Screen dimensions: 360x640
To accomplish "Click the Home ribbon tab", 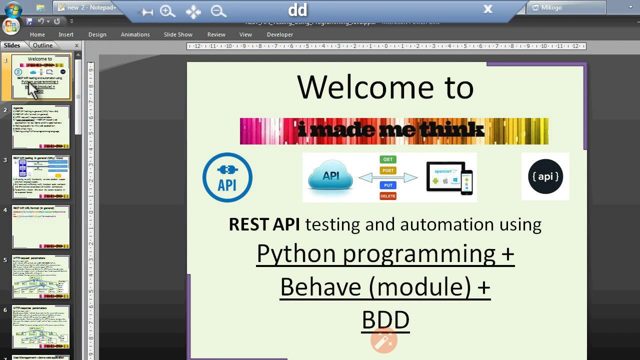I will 37,34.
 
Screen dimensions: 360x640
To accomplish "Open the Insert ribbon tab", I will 66,34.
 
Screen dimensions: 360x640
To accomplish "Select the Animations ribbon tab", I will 135,34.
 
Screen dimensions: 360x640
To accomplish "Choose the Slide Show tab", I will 178,34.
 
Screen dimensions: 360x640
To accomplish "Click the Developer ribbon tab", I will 280,34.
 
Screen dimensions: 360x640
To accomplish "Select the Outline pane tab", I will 43,45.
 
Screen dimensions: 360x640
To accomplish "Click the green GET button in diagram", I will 388,159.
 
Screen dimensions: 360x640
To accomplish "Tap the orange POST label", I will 388,170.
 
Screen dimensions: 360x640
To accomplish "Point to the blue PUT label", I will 388,185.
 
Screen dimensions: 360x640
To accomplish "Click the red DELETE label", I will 388,196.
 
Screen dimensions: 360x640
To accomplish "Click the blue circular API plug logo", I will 227,177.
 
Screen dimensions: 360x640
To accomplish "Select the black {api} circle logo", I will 545,176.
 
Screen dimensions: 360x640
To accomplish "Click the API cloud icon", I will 330,177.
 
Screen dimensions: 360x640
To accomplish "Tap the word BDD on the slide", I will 385,320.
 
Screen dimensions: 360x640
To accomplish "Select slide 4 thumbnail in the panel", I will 41,226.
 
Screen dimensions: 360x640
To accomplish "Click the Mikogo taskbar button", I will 566,7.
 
